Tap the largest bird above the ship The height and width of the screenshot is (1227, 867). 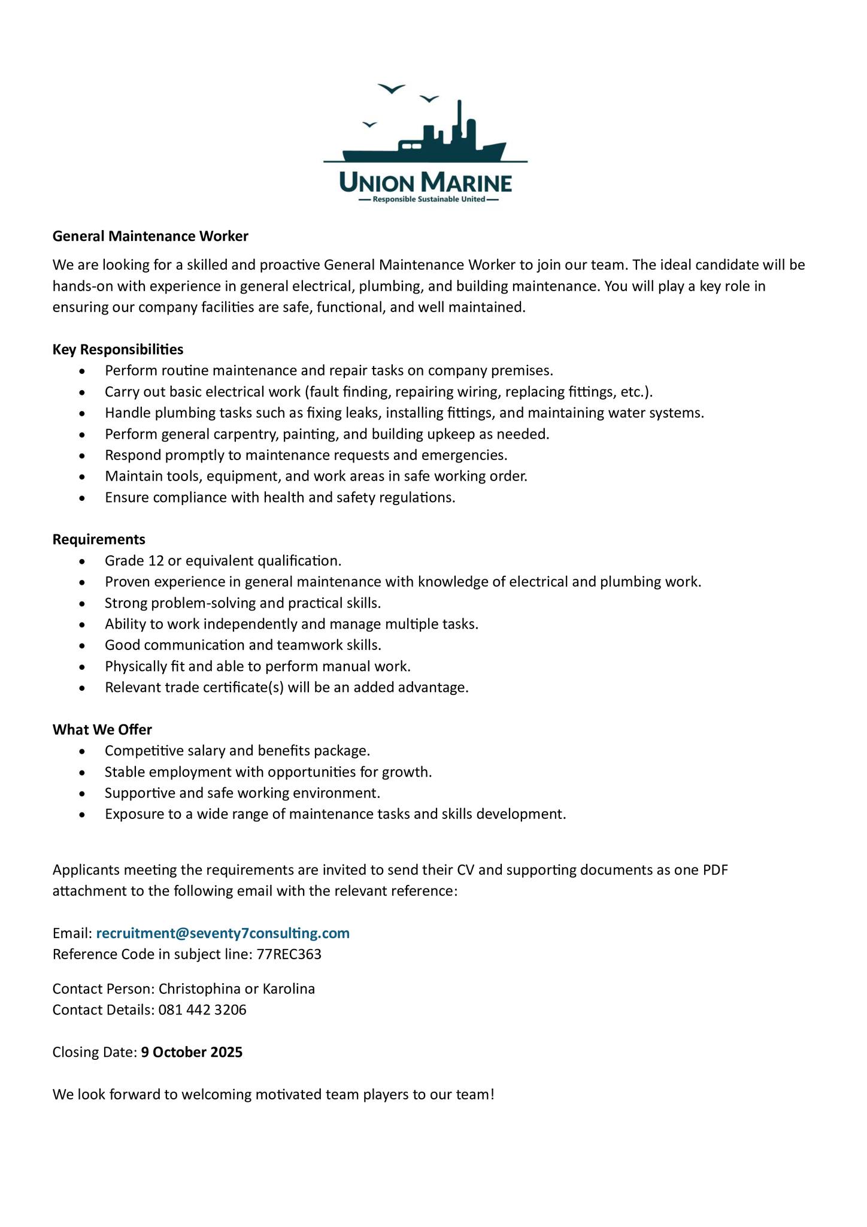click(392, 89)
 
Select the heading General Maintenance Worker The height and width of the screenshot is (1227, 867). click(150, 236)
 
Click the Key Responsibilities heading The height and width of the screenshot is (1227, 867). click(118, 349)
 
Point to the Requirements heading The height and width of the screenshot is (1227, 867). click(99, 539)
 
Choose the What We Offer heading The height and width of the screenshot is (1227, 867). click(102, 729)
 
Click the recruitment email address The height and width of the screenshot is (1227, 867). click(223, 933)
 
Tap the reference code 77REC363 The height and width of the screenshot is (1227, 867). click(289, 954)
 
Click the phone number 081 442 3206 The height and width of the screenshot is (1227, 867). click(202, 1010)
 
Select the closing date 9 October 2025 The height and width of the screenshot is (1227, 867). click(192, 1052)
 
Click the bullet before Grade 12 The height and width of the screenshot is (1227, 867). click(83, 561)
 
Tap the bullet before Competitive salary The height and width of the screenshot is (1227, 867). click(83, 751)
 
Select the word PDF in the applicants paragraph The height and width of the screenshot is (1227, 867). click(715, 869)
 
